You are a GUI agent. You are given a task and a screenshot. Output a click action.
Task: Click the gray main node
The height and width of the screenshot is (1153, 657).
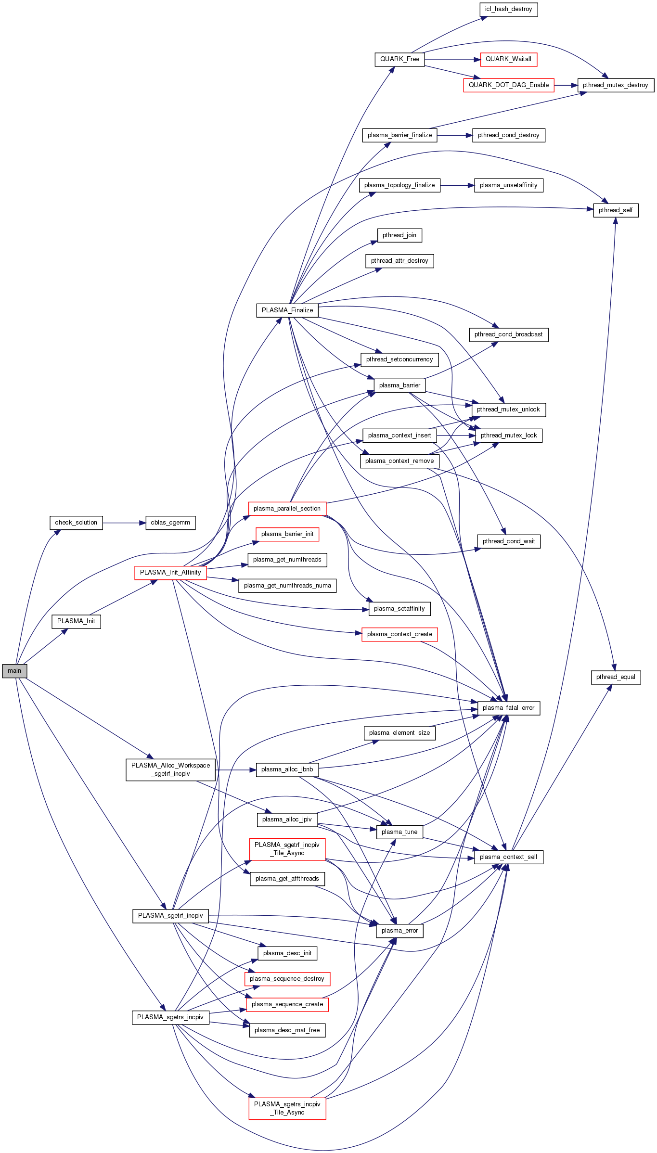(x=14, y=671)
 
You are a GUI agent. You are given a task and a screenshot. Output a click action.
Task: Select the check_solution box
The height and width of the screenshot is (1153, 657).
(x=76, y=523)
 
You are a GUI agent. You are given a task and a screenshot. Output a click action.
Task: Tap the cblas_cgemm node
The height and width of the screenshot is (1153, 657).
(x=170, y=523)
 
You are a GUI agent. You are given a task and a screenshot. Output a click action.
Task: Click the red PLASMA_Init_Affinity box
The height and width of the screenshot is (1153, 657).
(x=170, y=573)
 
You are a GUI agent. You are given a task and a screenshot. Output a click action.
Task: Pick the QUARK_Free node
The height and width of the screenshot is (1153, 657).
(x=399, y=59)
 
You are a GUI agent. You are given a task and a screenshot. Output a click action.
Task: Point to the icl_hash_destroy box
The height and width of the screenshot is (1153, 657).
(x=508, y=9)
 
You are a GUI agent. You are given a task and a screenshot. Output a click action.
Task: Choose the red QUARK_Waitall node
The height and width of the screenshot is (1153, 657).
(x=508, y=59)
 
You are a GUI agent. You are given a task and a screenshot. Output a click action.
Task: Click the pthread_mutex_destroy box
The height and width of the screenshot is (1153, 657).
(x=616, y=85)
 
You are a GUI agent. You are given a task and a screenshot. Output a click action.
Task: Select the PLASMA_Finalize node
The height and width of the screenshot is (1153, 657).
(x=287, y=310)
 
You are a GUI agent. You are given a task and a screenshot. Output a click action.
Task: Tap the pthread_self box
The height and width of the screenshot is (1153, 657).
(x=616, y=210)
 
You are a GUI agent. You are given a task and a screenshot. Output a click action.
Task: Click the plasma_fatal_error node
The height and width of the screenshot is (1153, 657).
(x=508, y=708)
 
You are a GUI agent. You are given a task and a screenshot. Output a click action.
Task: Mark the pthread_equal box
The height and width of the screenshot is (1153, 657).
(x=616, y=677)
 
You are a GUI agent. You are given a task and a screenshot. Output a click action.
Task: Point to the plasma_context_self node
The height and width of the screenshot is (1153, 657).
(x=508, y=857)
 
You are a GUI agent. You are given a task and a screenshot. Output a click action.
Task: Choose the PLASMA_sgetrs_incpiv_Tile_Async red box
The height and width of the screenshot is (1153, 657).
(x=287, y=1108)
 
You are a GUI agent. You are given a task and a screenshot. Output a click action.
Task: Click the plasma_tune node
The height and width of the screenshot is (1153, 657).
(x=399, y=832)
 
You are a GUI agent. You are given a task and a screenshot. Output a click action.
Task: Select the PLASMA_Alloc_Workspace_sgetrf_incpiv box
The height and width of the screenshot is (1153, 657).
(x=170, y=769)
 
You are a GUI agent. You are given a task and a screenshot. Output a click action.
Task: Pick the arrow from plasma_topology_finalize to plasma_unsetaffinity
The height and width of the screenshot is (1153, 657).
(x=457, y=185)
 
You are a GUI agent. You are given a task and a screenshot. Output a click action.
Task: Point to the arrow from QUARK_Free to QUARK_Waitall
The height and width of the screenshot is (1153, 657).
(x=452, y=60)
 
